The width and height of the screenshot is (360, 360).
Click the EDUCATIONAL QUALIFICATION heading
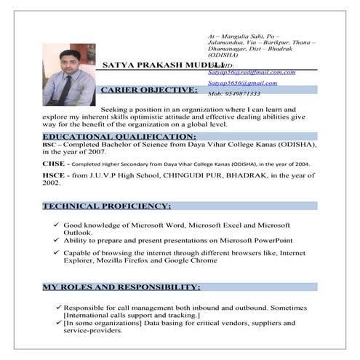[119, 136]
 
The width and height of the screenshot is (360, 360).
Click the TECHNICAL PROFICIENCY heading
[106, 206]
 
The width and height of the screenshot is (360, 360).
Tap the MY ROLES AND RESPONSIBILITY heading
[121, 288]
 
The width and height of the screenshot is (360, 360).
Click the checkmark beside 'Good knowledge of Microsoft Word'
[56, 225]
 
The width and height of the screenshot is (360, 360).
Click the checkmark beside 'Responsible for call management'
[57, 308]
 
